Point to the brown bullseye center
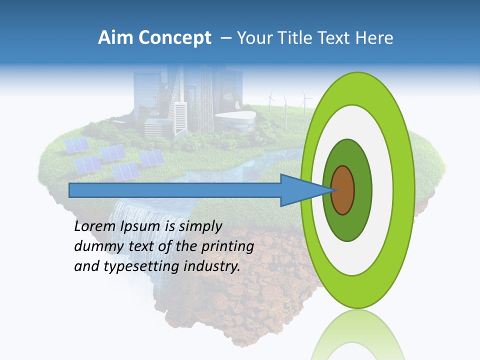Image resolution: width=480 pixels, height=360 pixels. pyautogui.click(x=343, y=190)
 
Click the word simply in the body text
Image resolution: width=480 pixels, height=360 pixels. pyautogui.click(x=199, y=226)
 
